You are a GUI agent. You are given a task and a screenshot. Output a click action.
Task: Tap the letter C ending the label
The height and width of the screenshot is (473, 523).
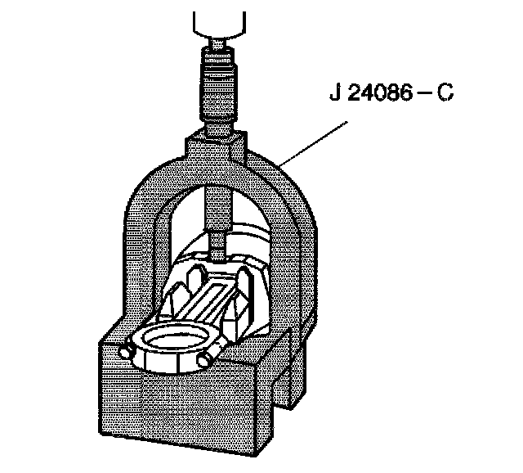click(445, 92)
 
